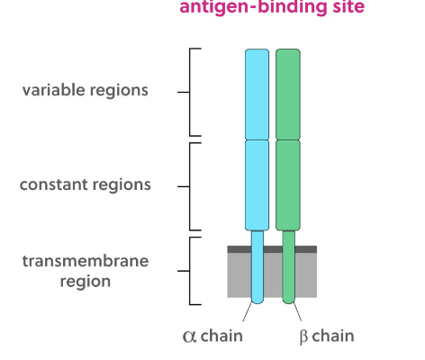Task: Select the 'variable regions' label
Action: click(86, 91)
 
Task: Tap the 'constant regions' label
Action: click(86, 185)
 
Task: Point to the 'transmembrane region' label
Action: click(86, 271)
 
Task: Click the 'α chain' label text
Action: click(212, 337)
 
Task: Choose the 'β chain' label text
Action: click(326, 337)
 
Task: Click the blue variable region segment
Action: click(257, 94)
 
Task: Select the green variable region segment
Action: click(288, 94)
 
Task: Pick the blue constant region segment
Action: click(257, 184)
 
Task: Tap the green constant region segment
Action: click(288, 184)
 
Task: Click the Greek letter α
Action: click(189, 337)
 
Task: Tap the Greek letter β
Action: click(303, 337)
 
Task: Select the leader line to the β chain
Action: click(297, 315)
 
